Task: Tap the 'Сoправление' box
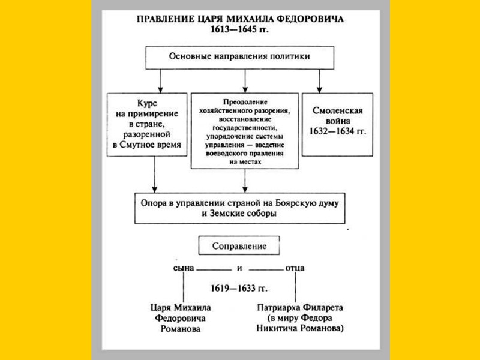point(239,246)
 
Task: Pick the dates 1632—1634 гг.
point(338,131)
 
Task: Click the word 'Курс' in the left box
point(148,103)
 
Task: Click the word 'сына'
point(183,268)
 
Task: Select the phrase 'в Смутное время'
point(147,146)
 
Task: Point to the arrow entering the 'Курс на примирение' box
point(159,81)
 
